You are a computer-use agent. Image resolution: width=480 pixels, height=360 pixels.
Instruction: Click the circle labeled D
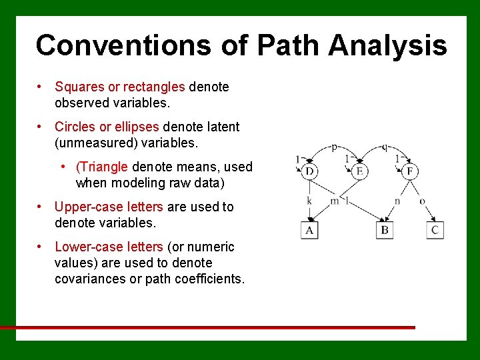click(309, 172)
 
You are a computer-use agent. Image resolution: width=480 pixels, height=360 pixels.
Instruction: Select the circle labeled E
click(359, 172)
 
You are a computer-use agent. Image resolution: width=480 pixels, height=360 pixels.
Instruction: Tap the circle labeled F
click(409, 172)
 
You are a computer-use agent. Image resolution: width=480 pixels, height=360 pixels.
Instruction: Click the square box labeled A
click(309, 230)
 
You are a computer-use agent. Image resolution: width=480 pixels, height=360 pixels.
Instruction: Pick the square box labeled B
click(385, 230)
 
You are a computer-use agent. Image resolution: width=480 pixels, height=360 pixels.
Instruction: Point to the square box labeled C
click(435, 230)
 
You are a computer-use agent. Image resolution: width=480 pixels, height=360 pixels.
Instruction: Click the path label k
click(309, 200)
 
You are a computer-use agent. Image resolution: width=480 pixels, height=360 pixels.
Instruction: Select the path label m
click(335, 201)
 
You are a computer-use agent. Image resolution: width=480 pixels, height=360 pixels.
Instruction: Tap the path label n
click(397, 201)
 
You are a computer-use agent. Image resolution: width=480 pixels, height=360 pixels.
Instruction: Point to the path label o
click(423, 201)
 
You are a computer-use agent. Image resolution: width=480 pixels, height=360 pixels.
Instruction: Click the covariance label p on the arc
click(334, 147)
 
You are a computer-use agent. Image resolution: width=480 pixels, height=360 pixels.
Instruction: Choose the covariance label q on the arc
click(385, 147)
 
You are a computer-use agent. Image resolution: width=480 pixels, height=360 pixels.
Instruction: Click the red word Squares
click(77, 87)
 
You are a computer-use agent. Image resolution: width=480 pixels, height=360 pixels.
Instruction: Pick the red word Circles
click(73, 127)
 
